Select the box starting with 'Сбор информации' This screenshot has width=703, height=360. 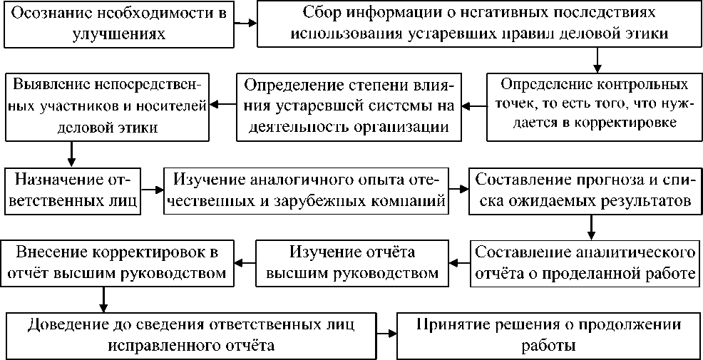(x=477, y=24)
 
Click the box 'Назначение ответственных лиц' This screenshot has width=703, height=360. (x=72, y=190)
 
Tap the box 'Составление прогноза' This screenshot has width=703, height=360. (x=583, y=190)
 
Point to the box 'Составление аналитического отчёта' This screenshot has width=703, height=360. (x=585, y=263)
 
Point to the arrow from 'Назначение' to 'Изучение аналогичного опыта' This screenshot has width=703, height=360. (x=152, y=190)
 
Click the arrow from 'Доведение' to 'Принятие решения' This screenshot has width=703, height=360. (x=386, y=334)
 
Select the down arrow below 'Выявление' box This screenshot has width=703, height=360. (x=71, y=154)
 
